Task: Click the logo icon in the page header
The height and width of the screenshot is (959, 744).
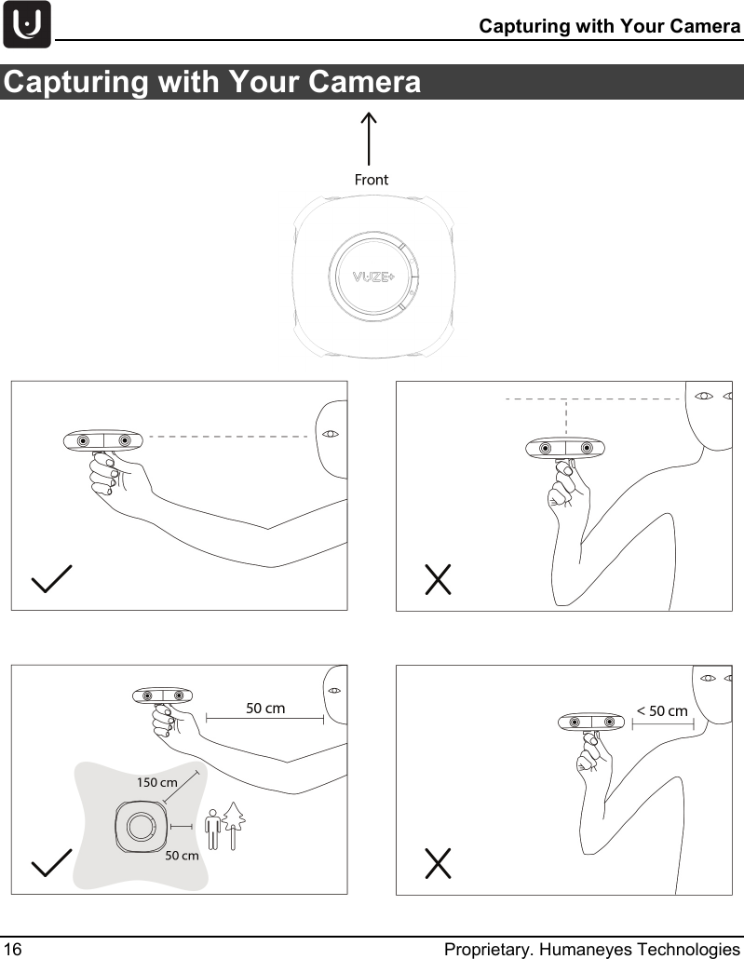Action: pos(27,25)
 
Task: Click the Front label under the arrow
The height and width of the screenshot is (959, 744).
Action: pos(371,180)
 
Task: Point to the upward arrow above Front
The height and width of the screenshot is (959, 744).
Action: pos(370,139)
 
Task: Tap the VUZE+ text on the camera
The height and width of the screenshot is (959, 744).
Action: pos(372,278)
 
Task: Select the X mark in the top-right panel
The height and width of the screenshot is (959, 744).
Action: pos(438,579)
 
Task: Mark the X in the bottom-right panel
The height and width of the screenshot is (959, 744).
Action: pos(438,864)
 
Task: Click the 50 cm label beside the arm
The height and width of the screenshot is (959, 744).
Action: pos(265,709)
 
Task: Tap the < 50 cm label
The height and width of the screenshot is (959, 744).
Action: pos(662,711)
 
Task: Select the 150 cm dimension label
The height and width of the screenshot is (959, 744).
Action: pos(156,782)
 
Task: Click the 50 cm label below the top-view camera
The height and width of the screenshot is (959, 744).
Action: pos(182,855)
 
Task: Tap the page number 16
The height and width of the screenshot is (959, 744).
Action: pos(12,949)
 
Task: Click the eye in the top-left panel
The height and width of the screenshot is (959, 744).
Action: pos(330,434)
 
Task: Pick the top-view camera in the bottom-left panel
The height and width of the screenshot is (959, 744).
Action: pos(141,825)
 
